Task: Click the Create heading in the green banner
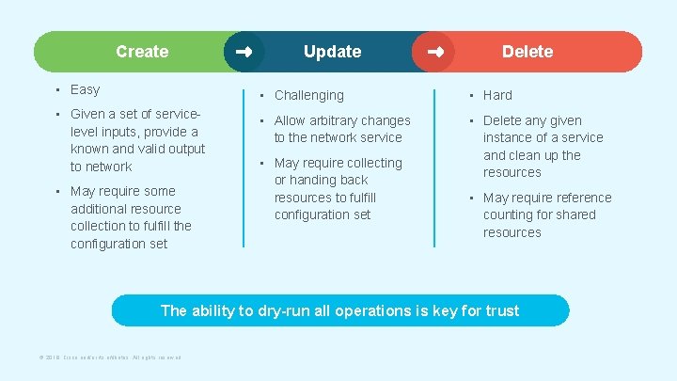point(142,52)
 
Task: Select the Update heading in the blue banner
point(332,52)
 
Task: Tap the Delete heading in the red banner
point(527,52)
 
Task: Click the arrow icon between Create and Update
point(244,52)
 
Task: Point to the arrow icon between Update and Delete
point(434,52)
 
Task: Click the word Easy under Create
point(85,89)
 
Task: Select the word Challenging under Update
point(308,95)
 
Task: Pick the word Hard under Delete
point(497,95)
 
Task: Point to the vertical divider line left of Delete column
point(434,167)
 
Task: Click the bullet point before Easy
point(57,90)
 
